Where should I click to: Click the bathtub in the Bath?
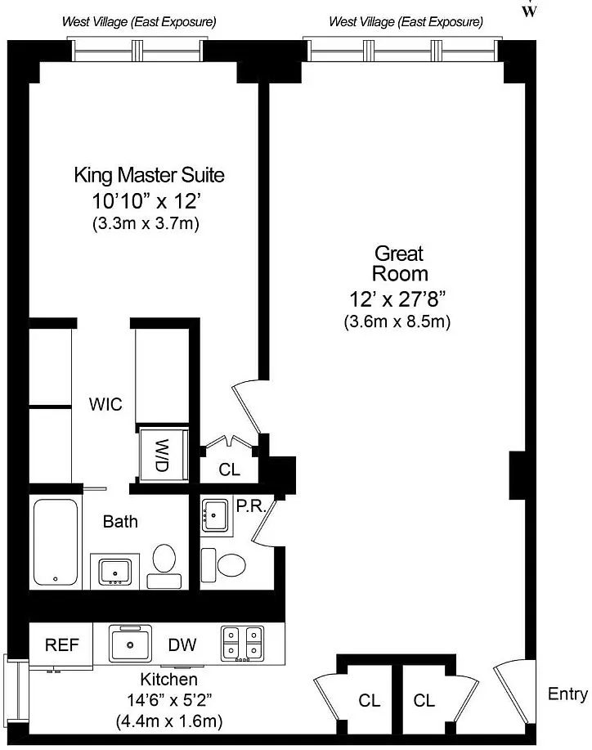point(56,542)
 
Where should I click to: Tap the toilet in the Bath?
point(164,566)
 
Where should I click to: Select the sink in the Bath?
point(114,572)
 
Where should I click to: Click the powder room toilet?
point(223,565)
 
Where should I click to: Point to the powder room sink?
point(215,515)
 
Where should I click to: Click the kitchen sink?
point(130,644)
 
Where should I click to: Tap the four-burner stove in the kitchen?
point(243,644)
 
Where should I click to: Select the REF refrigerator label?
point(61,644)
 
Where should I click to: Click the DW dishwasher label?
point(182,644)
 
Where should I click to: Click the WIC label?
point(105,404)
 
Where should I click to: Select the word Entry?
point(567,694)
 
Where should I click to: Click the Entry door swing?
point(514,694)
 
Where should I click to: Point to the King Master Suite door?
point(247,407)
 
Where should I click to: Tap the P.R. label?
point(251,506)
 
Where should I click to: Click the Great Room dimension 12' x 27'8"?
point(397,299)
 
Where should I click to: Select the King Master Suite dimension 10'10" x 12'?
point(146,201)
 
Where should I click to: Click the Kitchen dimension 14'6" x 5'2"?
point(169,700)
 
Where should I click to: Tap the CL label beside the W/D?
point(229,469)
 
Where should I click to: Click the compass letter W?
point(529,11)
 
